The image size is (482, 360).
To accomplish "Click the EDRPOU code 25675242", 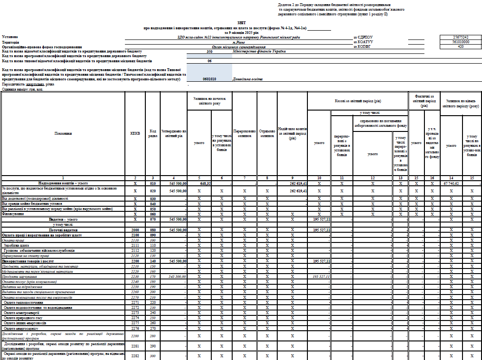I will pyautogui.click(x=460, y=37).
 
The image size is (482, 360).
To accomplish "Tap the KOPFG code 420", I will pyautogui.click(x=460, y=46).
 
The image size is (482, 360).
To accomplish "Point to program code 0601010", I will pyautogui.click(x=209, y=79).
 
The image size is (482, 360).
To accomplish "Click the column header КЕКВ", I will pyautogui.click(x=135, y=133).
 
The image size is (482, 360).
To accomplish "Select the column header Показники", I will pyautogui.click(x=63, y=133).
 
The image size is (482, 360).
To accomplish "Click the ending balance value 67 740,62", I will pyautogui.click(x=450, y=183).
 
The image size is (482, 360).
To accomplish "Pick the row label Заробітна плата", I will pyautogui.click(x=16, y=245).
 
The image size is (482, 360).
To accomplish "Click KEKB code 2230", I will pyautogui.click(x=135, y=276).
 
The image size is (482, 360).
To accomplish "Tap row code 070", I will pyautogui.click(x=153, y=219).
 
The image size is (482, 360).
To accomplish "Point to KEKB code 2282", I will pyautogui.click(x=135, y=355).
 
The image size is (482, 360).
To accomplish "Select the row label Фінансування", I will pyautogui.click(x=14, y=214).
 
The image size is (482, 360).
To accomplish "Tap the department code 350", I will pyautogui.click(x=209, y=52).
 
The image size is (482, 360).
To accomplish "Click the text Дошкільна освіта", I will pyautogui.click(x=248, y=79).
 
